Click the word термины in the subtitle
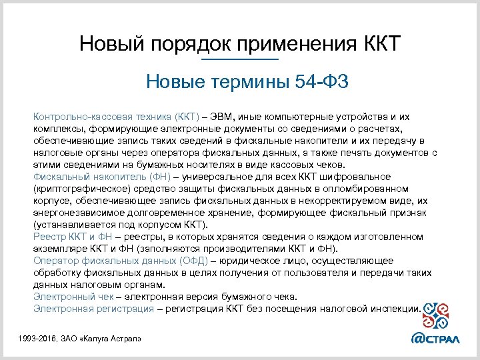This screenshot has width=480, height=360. tap(249, 83)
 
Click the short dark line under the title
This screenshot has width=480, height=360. tap(239, 61)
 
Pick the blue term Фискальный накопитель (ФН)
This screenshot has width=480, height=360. tap(101, 176)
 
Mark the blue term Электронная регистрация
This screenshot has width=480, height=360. tap(92, 309)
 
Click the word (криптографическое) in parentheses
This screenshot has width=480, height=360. tap(77, 188)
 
